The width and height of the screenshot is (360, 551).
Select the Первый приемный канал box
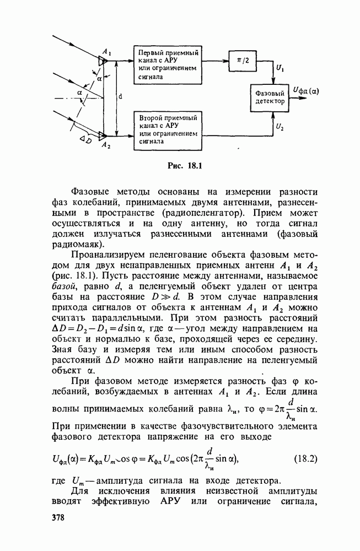(168, 62)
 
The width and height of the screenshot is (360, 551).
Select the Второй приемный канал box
(168, 129)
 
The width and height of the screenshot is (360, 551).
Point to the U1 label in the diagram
(281, 70)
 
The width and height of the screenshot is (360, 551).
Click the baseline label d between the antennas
(121, 96)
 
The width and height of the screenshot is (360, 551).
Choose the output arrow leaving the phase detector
(296, 100)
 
